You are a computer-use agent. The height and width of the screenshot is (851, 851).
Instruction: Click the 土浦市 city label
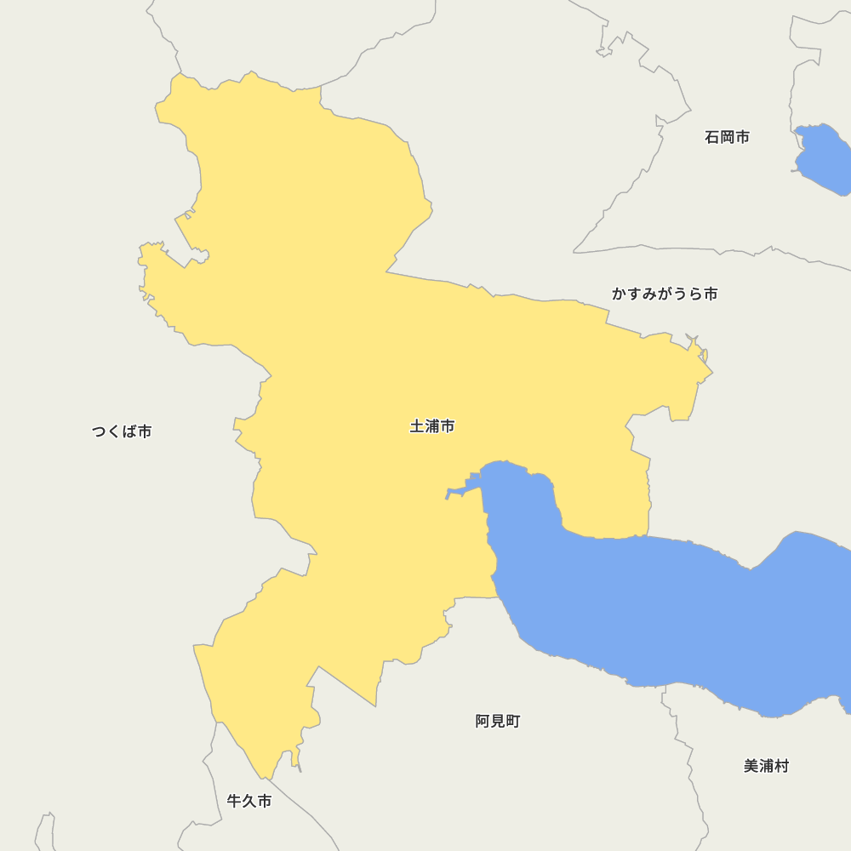pos(432,426)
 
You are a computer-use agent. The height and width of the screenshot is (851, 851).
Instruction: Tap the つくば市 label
pos(122,431)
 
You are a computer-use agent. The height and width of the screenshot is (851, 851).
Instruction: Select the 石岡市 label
pos(727,137)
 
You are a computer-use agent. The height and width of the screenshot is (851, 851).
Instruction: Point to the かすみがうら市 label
pos(665,294)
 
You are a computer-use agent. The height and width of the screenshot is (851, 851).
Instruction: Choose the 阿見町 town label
pos(498,722)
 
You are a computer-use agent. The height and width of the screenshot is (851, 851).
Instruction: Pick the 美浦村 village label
pos(766,766)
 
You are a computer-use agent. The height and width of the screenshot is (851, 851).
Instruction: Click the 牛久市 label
pos(249,802)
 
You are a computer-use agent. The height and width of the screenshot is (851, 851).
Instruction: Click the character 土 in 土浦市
pos(417,426)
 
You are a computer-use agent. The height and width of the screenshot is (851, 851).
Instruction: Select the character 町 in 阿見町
pos(512,722)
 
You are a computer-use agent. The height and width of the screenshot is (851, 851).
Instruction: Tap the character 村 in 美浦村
pos(781,766)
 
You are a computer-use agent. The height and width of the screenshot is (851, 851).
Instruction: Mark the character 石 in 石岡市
pos(712,137)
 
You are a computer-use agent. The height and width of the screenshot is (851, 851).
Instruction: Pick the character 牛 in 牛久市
pos(235,802)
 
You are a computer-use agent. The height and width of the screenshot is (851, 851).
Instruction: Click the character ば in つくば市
pos(129,431)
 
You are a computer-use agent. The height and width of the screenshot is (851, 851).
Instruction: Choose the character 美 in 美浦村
pos(751,766)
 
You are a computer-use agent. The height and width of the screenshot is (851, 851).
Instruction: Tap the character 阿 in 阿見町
pos(483,722)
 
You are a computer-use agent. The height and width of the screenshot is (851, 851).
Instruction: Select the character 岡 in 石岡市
pos(727,137)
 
